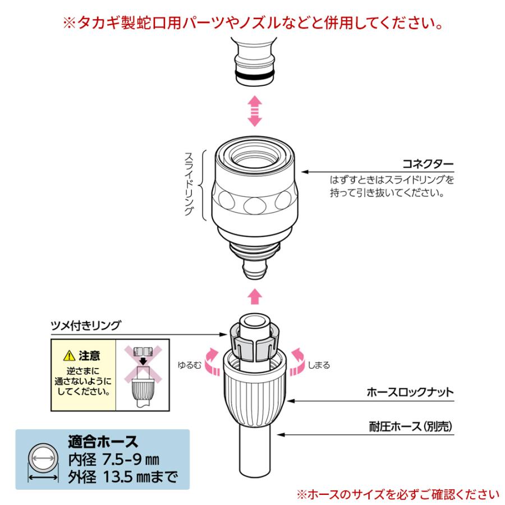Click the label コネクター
tap(428, 164)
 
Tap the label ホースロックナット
tap(410, 392)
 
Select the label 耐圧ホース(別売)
tap(411, 426)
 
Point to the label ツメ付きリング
tap(86, 325)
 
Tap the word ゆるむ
tap(190, 365)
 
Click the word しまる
tap(319, 365)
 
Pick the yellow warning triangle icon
tap(69, 356)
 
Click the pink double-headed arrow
tap(255, 111)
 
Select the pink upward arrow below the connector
tap(255, 296)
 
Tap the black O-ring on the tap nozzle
tap(255, 76)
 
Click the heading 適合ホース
tap(103, 442)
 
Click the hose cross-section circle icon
tap(43, 458)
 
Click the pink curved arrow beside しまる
tap(297, 362)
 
